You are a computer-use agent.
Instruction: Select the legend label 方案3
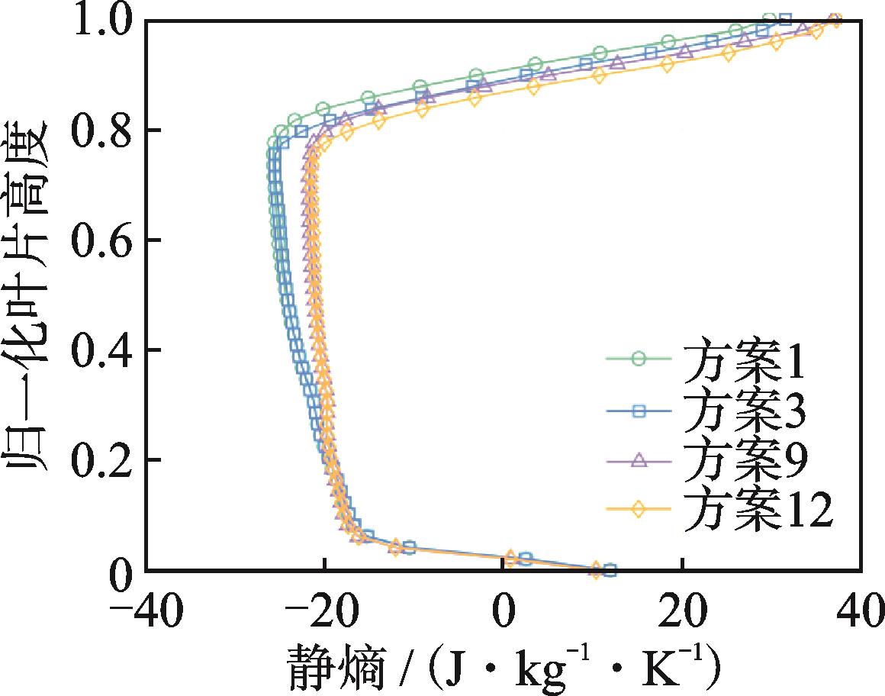743,413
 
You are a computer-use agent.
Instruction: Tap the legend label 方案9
743,461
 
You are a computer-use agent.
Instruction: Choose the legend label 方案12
755,510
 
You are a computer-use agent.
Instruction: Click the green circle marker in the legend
639,358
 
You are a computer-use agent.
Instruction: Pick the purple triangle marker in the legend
639,460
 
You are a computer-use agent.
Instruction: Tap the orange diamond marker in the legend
639,510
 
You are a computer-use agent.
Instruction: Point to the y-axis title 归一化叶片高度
31,294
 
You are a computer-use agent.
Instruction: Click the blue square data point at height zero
609,569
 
